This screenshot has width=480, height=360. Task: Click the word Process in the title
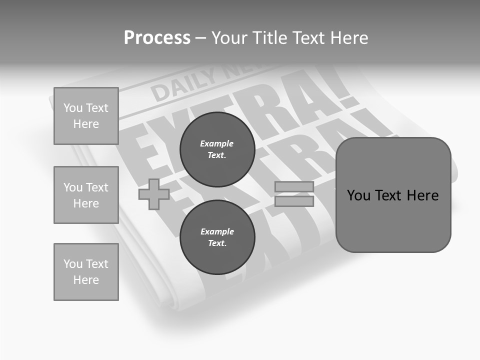(x=157, y=38)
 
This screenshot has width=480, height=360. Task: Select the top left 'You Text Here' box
(x=86, y=116)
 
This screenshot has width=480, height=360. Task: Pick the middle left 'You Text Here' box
(x=86, y=195)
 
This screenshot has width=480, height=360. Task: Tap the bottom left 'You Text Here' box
(x=86, y=272)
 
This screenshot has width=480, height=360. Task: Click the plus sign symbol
(x=154, y=194)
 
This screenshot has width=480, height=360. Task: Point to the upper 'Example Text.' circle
(x=217, y=149)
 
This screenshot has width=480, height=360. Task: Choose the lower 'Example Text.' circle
(x=217, y=237)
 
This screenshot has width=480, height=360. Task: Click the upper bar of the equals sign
(x=294, y=186)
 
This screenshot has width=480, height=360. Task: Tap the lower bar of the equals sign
(x=294, y=201)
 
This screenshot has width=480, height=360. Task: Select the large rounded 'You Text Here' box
(x=393, y=195)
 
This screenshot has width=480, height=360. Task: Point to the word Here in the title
(x=348, y=38)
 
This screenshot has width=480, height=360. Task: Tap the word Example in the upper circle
(x=216, y=143)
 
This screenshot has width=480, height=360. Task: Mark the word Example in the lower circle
(x=217, y=231)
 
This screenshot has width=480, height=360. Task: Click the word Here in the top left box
(x=86, y=124)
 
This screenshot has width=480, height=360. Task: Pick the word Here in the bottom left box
(x=86, y=280)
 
